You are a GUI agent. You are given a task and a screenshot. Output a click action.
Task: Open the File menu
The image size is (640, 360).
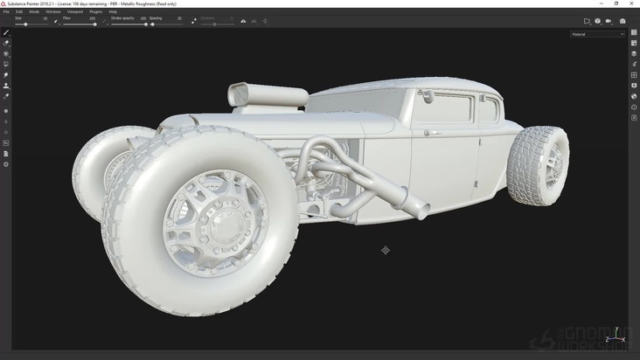click(x=6, y=11)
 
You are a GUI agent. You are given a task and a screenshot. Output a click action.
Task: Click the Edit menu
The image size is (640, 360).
click(x=19, y=11)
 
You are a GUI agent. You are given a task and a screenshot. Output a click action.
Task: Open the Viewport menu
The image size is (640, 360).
click(x=75, y=11)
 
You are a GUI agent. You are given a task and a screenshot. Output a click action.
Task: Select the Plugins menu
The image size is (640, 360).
click(x=96, y=11)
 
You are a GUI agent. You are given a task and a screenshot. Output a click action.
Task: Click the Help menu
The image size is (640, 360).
click(x=113, y=11)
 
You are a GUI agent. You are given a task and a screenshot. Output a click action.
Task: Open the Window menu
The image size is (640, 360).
click(x=53, y=11)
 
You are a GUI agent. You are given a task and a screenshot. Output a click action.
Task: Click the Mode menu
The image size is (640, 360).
click(x=34, y=11)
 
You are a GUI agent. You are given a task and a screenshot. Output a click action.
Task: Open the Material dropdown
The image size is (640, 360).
click(x=598, y=34)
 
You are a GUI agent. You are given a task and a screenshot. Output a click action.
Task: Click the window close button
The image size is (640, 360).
click(x=631, y=3)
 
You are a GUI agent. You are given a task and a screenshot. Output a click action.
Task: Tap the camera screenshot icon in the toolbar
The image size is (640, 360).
click(x=623, y=21)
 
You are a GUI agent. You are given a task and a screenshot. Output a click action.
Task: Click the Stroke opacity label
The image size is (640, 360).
click(x=122, y=17)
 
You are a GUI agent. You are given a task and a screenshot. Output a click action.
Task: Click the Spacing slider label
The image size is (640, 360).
click(x=156, y=17)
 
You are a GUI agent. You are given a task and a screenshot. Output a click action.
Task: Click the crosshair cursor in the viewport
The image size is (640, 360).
click(x=386, y=251)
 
